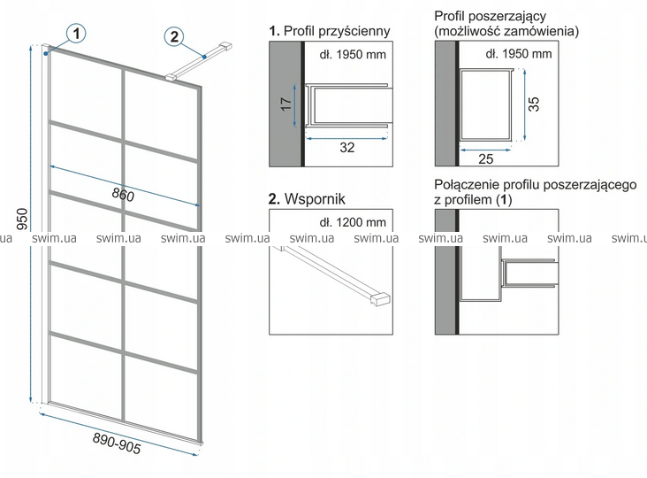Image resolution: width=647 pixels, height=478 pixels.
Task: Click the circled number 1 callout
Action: coord(76,34)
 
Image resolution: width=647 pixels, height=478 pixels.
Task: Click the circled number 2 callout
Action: coord(174,37)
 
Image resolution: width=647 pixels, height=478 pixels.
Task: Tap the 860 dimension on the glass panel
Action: coord(123,195)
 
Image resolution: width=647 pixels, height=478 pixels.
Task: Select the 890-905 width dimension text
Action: coord(117,443)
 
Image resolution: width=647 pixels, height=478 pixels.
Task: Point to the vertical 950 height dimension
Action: coord(22,219)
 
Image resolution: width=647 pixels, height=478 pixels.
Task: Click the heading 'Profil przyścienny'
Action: coord(337,31)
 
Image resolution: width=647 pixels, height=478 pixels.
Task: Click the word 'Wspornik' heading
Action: coord(315,198)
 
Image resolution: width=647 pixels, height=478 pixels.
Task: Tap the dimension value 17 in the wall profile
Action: coord(286,104)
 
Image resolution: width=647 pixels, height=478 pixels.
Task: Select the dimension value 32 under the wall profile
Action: coord(347,148)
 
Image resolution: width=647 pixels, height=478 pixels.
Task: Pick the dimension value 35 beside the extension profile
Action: coord(534,104)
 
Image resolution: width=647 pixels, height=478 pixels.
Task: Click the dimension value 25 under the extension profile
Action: coord(485,158)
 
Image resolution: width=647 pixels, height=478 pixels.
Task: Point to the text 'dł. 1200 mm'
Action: coord(353,222)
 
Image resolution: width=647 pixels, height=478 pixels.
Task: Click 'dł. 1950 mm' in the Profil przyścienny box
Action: coord(353,55)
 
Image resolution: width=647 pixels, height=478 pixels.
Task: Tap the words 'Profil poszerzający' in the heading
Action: coord(491,16)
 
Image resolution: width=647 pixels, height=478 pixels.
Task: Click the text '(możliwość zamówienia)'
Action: coord(506,31)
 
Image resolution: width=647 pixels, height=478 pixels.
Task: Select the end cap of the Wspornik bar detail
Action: coord(381,299)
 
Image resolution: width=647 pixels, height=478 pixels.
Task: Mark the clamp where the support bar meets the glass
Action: coord(171,77)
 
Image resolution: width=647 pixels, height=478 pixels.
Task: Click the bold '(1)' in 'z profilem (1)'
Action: coord(504,200)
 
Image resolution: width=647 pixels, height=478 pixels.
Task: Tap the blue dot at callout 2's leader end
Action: coord(204,57)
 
